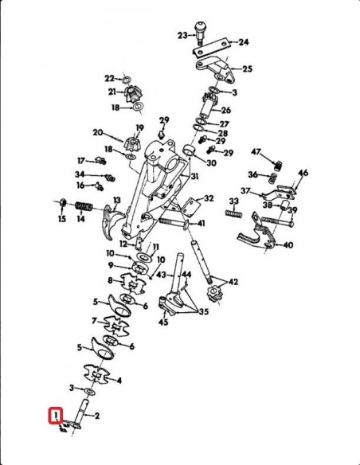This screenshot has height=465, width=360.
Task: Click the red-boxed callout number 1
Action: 56,416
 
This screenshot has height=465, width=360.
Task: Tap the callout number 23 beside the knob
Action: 182,36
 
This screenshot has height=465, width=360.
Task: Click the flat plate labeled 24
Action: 211,48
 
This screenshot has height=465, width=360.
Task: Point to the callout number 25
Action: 247,69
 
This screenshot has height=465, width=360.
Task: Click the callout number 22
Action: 109,79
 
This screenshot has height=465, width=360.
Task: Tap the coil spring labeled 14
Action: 84,206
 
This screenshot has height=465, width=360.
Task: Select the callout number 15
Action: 62,219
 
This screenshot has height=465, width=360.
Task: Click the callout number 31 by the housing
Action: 194,177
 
